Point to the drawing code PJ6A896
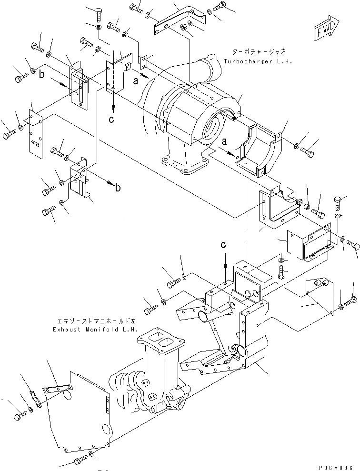(x=337, y=467)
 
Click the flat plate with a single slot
(x=36, y=135)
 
